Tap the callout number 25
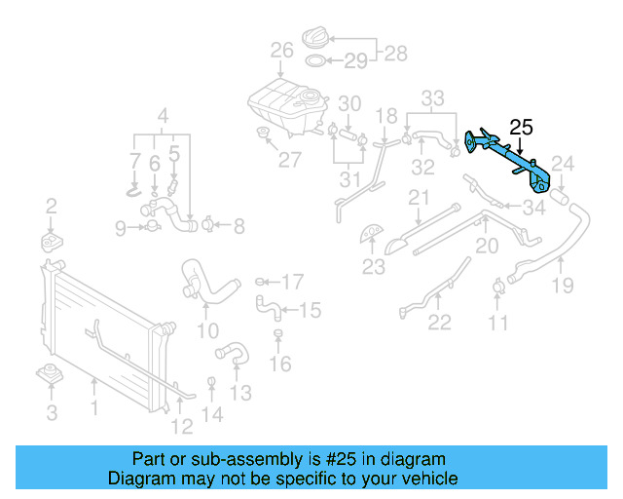click(x=522, y=127)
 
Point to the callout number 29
click(x=355, y=61)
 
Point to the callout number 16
click(x=279, y=365)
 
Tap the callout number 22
click(x=440, y=323)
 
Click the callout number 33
click(x=432, y=97)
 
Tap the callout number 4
click(x=163, y=114)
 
